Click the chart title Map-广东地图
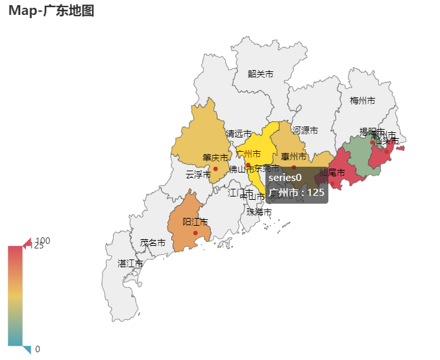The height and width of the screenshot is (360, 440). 51,11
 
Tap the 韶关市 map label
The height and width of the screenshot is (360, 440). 260,74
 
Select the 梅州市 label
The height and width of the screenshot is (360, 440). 362,101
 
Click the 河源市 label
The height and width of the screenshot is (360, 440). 305,130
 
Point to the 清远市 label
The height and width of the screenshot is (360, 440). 238,134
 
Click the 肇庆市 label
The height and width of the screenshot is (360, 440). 215,158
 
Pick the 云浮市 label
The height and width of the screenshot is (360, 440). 198,174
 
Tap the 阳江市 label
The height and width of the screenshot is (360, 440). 195,222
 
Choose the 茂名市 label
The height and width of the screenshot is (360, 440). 153,243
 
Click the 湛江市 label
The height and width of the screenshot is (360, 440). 130,264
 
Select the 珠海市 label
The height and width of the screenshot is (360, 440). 259,212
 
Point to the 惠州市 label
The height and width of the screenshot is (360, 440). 293,157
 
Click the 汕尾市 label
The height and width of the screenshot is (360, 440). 332,173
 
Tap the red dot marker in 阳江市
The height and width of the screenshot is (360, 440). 195,233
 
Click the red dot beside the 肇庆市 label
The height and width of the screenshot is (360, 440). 215,169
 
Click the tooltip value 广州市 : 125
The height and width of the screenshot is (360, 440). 296,193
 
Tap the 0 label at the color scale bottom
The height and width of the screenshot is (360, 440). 38,349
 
